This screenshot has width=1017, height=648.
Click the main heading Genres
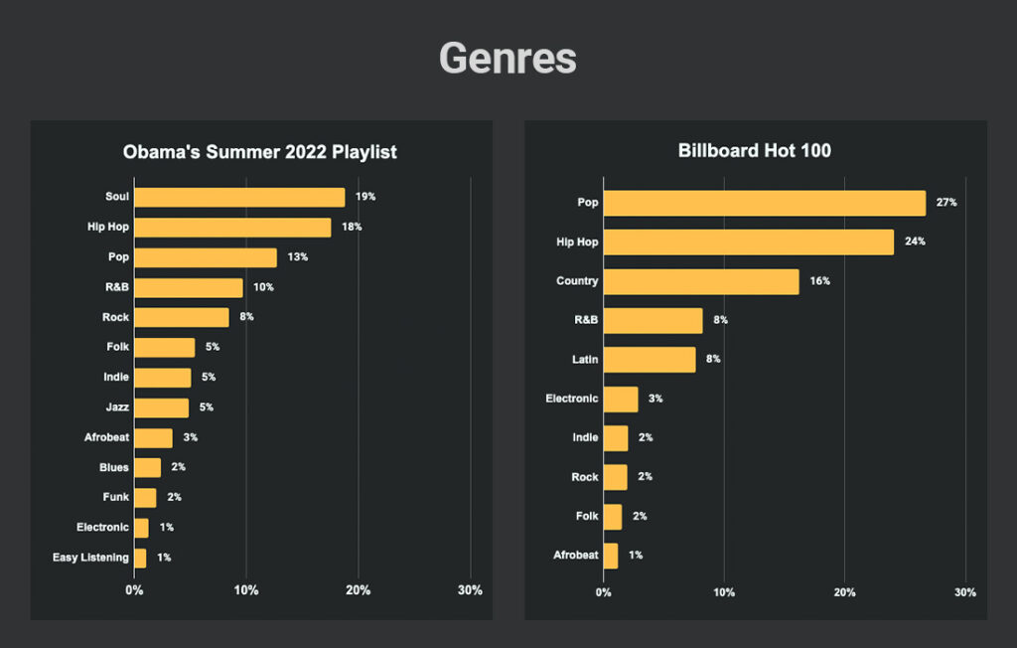coord(508,58)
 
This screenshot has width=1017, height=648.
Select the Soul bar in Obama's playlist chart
coord(239,197)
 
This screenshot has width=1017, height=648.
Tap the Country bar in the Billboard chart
coord(701,281)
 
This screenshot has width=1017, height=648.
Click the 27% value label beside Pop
coord(945,203)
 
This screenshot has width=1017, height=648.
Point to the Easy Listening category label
coord(90,558)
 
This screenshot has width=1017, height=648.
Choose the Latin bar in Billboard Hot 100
coord(650,360)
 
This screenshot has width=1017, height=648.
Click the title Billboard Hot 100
coord(755,151)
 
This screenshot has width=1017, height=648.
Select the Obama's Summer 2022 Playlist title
coord(260,152)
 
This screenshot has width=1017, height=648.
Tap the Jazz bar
coord(161,407)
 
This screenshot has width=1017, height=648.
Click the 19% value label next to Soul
coord(365,197)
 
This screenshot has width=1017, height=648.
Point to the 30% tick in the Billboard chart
coord(964,592)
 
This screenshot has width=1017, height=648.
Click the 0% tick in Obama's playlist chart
coord(134,590)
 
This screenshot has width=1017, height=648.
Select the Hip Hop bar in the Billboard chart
coord(749,242)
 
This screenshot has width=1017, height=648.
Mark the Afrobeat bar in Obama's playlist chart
coord(153,437)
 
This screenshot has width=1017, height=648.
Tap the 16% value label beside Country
coord(818,281)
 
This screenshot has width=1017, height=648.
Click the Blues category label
coord(113,467)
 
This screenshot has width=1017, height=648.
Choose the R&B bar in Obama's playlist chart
coord(189,287)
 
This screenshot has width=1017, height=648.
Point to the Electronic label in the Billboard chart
coord(572,399)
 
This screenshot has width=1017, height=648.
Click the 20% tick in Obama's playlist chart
coord(358,590)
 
